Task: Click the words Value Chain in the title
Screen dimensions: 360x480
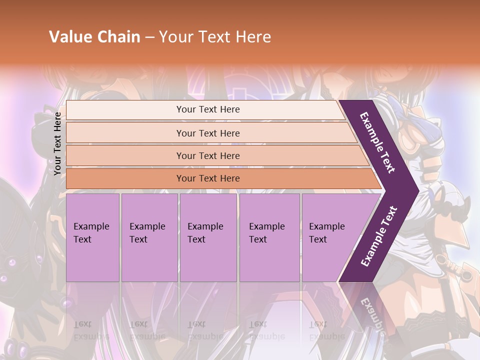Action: [x=94, y=37]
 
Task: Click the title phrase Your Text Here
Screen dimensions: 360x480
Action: [x=215, y=37]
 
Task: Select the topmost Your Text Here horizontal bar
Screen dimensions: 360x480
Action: [x=125, y=110]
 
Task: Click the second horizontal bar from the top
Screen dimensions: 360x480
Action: [x=125, y=133]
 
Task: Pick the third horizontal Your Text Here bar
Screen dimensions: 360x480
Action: [x=125, y=155]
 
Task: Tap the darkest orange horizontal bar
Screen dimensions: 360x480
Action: [x=125, y=178]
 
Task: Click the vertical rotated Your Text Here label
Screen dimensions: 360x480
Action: [x=57, y=143]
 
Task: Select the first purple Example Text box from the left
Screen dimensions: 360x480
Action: [x=92, y=237]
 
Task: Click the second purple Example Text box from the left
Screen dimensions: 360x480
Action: [x=149, y=237]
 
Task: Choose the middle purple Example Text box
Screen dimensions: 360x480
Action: [x=208, y=237]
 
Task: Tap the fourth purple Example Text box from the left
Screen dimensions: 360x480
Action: [x=269, y=237]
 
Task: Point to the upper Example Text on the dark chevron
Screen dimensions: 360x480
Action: [x=377, y=142]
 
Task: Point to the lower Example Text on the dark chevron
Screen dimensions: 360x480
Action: [x=379, y=236]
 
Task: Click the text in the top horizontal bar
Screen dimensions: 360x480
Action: [x=208, y=109]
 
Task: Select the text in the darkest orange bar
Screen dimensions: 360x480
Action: [x=208, y=178]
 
